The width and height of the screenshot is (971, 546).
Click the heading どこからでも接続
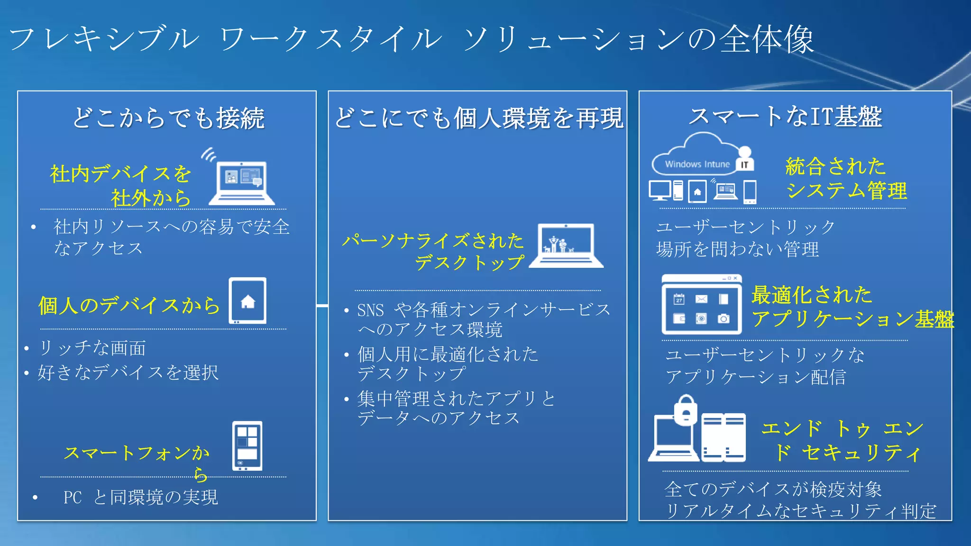pos(168,118)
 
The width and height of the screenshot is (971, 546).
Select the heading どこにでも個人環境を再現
pos(478,118)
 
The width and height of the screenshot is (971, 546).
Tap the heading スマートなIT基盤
pos(785,117)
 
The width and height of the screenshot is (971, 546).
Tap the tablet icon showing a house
pos(247,301)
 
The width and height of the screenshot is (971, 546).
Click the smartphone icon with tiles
pos(247,446)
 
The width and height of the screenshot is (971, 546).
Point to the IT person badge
pos(745,160)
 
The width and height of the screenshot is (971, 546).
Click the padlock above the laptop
pos(686,410)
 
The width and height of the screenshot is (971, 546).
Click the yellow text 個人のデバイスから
pos(129,305)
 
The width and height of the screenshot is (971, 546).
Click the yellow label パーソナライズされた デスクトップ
pos(433,251)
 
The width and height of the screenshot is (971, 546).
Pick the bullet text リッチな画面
pos(92,348)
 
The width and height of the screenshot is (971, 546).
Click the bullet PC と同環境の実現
pos(140,497)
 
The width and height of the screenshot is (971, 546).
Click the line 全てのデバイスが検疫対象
pos(773,489)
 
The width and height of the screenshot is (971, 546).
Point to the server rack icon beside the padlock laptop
pos(723,437)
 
